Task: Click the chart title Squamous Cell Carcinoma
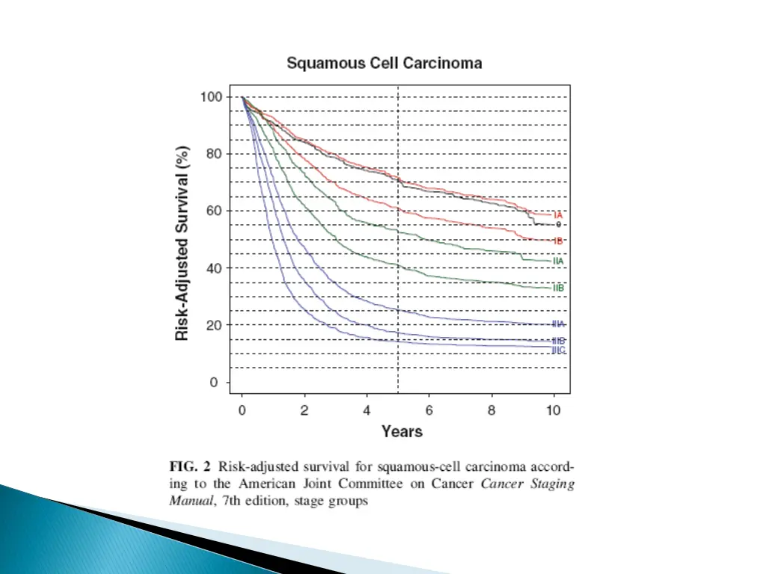[x=384, y=64]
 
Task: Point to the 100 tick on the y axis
[x=210, y=97]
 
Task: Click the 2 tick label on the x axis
[x=304, y=410]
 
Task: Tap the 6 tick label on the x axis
[x=429, y=410]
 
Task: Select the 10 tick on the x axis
[x=554, y=410]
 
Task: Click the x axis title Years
[x=402, y=431]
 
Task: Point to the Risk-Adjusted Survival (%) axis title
[x=182, y=241]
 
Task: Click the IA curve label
[x=558, y=215]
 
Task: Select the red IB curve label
[x=558, y=241]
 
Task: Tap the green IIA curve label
[x=558, y=261]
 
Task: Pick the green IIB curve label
[x=558, y=288]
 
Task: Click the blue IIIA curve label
[x=558, y=324]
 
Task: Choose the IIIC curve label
[x=558, y=350]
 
